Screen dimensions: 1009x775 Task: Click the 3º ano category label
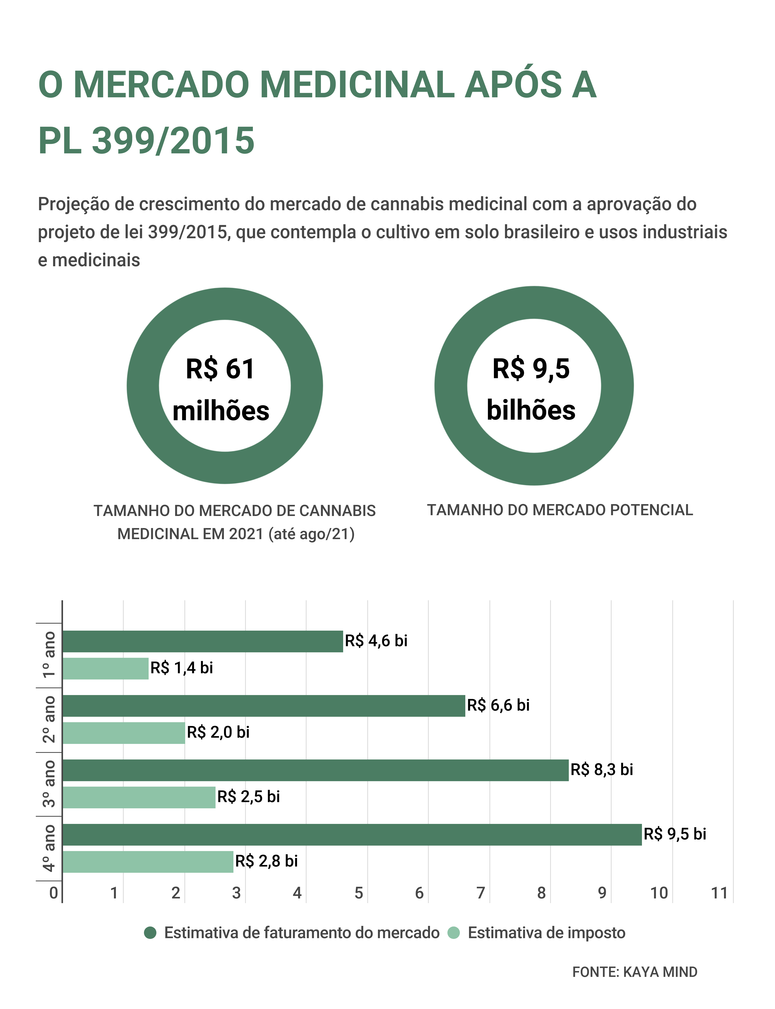tap(49, 783)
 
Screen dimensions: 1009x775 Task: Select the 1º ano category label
tap(49, 655)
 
